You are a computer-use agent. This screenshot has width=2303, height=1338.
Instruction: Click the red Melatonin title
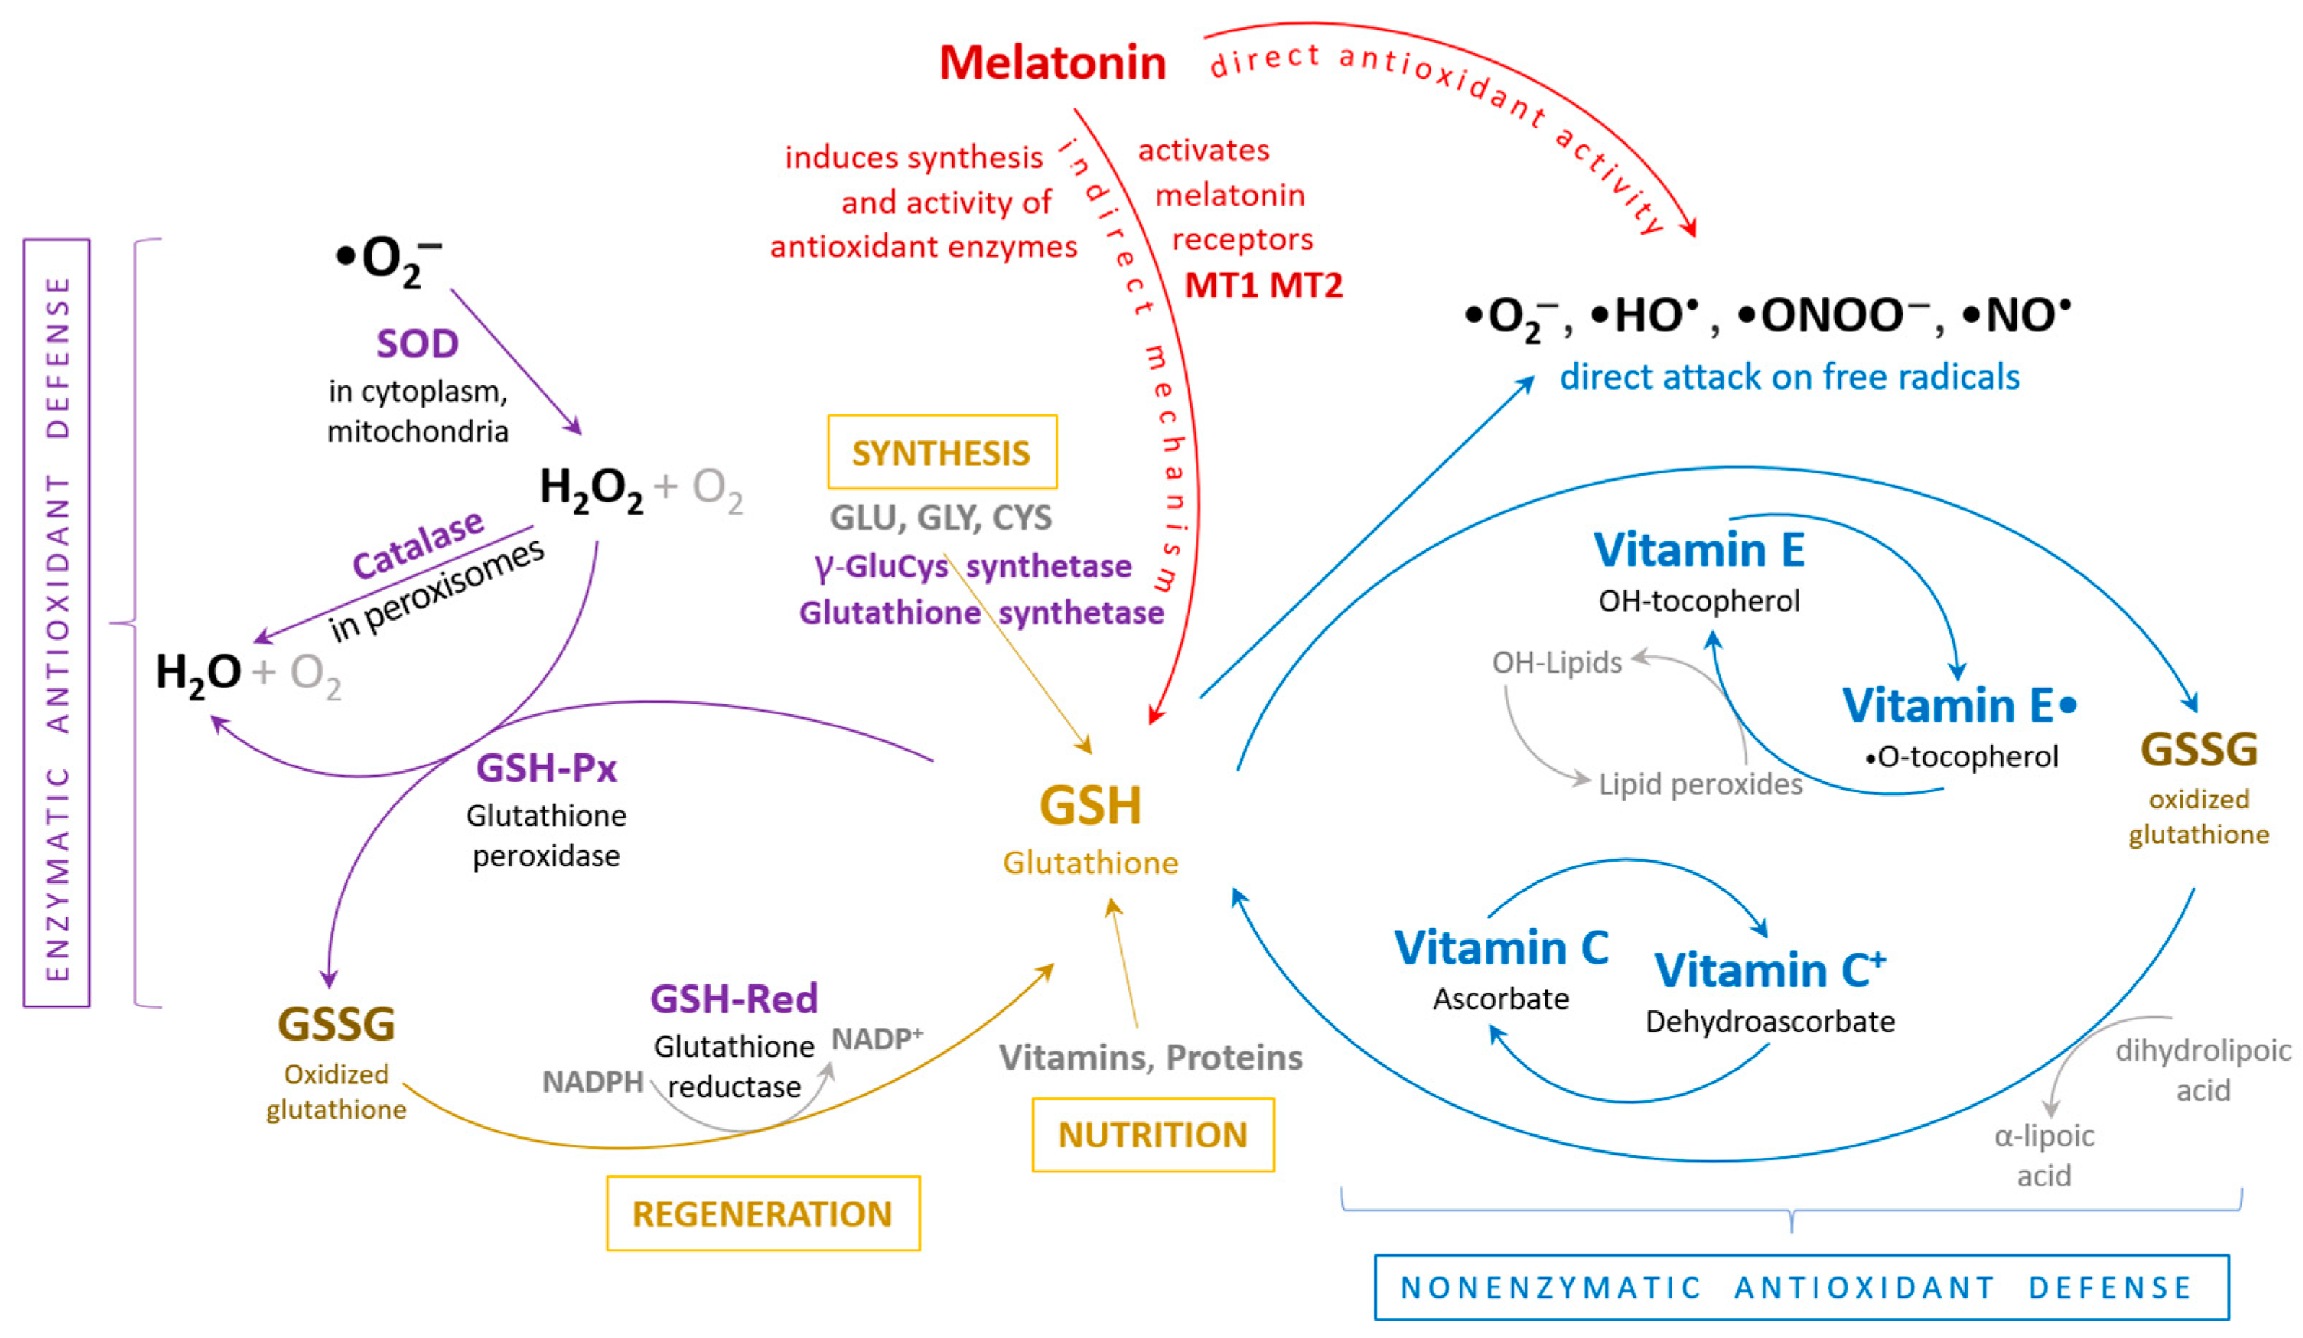[1052, 63]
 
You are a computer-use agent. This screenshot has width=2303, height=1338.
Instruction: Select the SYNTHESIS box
[942, 452]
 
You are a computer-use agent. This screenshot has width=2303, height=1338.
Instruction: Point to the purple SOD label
[418, 344]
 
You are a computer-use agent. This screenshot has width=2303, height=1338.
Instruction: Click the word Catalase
[418, 546]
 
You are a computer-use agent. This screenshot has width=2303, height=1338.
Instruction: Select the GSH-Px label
[546, 768]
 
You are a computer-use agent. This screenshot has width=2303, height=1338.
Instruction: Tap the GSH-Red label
[734, 998]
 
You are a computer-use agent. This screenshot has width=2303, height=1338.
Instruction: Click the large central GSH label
[1090, 806]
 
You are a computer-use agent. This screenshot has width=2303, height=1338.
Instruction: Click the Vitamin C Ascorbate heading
[1501, 948]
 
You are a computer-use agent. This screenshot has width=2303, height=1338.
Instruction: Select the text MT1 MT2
[1263, 286]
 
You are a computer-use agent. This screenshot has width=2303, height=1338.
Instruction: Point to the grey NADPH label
[593, 1082]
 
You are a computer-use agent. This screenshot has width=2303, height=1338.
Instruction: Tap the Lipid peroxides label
[1700, 784]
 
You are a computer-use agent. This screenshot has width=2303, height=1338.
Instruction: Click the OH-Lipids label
[1556, 662]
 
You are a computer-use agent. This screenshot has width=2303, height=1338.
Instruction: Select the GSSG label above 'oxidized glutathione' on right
[2199, 749]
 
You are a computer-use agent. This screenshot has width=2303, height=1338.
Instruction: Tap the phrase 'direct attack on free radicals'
[1789, 377]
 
